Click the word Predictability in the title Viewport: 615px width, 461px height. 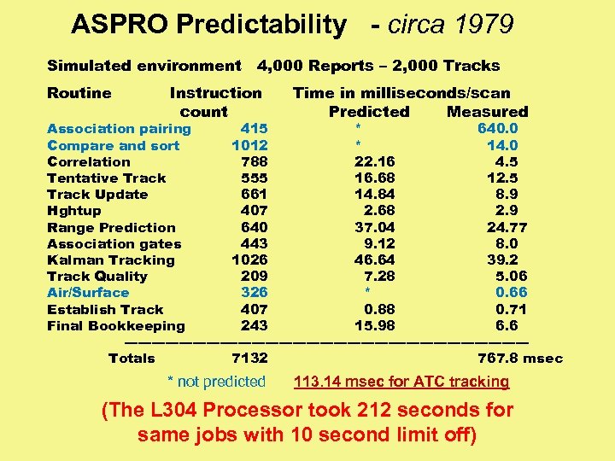[261, 26]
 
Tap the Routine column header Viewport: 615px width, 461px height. [79, 93]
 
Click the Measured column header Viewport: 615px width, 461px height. [487, 112]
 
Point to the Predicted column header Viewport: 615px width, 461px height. [369, 112]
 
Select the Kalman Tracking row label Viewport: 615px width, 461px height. [111, 260]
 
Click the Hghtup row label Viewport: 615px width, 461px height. [74, 211]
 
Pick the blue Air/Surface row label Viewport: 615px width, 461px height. [88, 293]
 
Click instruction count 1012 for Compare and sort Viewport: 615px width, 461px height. [249, 145]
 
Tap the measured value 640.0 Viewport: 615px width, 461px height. [498, 129]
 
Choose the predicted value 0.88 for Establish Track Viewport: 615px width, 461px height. [378, 309]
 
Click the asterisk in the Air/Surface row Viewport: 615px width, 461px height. [368, 294]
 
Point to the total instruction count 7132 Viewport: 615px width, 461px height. [249, 359]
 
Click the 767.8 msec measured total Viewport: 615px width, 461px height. [519, 359]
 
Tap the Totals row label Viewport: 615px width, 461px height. [132, 359]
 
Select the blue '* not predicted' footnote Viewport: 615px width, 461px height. [216, 382]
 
